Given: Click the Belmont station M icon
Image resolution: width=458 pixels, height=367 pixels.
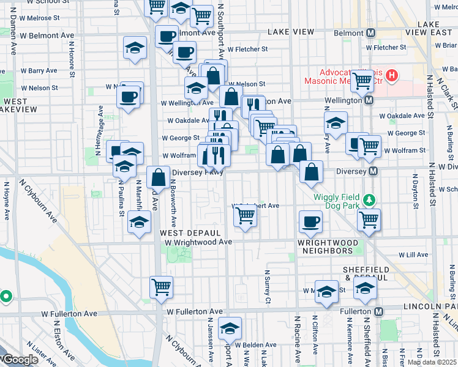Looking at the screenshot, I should coord(370,32).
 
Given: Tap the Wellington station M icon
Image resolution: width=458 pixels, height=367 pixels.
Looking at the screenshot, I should coord(369,100).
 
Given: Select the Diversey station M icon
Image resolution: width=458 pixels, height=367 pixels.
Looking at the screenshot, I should coord(372,172).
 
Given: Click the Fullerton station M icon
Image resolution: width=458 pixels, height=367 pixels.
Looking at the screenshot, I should coord(379,312).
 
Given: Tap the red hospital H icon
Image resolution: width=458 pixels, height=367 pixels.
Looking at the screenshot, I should coord(392,76).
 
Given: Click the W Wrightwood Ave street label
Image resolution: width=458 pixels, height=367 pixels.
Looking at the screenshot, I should coord(198,242).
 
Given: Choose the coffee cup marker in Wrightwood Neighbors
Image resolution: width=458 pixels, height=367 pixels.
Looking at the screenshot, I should coord(311,221).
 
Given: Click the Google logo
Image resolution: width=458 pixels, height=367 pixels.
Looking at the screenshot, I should coord(20,360).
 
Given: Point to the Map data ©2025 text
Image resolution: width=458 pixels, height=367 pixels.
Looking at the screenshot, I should coord(432,362).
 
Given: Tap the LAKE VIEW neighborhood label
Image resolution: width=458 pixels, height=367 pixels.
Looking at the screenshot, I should coord(291,32).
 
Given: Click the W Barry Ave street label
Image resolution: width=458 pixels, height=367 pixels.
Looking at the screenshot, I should coord(39,71).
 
